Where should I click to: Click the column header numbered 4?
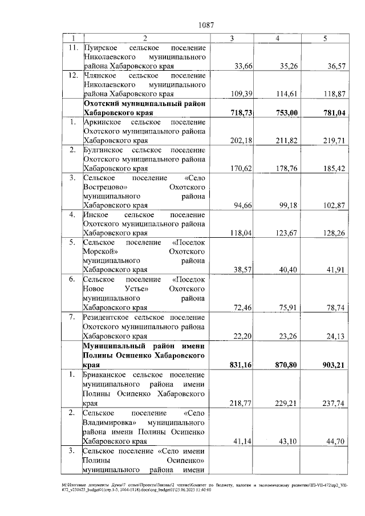[x=277, y=38]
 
